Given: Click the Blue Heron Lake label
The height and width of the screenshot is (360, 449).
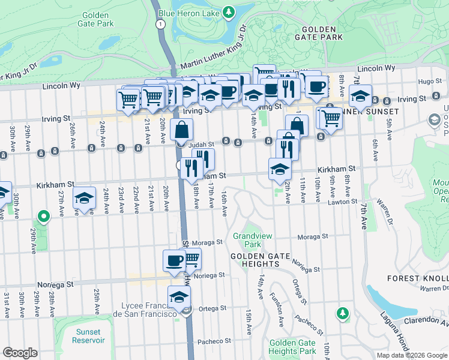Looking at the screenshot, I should (x=188, y=12).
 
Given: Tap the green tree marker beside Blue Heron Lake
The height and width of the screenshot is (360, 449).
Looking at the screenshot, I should (x=228, y=12).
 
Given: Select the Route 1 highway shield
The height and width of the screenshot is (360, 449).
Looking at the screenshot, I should (x=160, y=24).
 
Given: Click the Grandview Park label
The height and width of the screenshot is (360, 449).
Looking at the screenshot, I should (x=247, y=240).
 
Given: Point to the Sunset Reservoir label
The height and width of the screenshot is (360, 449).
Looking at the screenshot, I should (x=88, y=336).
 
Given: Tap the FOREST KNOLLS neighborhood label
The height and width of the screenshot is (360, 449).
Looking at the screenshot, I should (x=418, y=278).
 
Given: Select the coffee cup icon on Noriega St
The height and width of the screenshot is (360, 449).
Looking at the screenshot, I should (x=175, y=261).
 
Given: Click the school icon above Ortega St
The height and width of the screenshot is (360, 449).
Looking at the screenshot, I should (x=179, y=297).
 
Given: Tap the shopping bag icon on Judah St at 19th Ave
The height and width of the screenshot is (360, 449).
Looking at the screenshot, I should (x=181, y=129).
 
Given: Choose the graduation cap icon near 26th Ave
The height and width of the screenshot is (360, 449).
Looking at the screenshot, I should (x=85, y=197).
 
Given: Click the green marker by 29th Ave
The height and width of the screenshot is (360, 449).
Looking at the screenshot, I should (x=43, y=216).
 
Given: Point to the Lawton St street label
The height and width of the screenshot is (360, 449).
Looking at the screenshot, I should (x=346, y=202).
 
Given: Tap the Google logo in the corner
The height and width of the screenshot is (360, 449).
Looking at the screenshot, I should (x=20, y=353).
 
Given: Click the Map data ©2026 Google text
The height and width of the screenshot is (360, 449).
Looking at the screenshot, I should (x=412, y=355).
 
